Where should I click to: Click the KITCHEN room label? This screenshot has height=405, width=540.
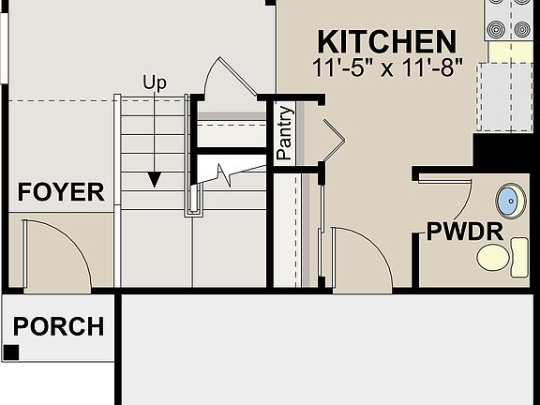387,41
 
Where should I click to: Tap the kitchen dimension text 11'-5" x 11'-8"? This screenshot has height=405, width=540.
387,67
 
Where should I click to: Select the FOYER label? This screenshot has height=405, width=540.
62,193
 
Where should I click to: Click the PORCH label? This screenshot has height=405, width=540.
58,326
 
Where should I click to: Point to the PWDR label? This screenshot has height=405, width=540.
466,232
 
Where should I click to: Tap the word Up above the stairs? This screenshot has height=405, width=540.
155,82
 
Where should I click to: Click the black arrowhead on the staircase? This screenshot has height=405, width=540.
155,179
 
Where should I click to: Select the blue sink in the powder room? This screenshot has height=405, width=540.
509,200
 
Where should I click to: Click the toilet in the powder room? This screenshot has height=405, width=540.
502,254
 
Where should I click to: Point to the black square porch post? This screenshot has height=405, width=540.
11,352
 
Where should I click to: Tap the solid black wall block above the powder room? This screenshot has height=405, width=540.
505,148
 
